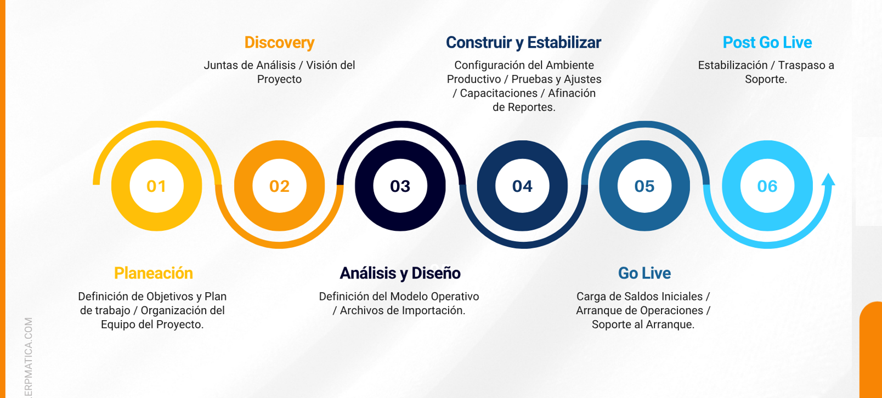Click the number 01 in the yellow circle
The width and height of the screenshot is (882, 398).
click(x=156, y=186)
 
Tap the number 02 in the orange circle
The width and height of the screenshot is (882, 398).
click(x=279, y=186)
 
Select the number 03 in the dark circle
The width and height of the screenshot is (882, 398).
click(x=400, y=186)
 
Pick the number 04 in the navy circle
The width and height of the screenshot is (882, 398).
click(x=522, y=186)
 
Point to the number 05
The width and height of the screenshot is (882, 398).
click(x=644, y=186)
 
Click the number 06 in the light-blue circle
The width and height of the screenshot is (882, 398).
click(x=767, y=186)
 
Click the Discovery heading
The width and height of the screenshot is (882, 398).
click(x=279, y=43)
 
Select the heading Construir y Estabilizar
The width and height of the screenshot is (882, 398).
click(x=523, y=43)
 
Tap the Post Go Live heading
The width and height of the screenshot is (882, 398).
click(x=767, y=43)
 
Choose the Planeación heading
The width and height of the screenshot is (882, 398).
click(x=153, y=273)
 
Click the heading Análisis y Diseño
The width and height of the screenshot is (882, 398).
click(x=400, y=273)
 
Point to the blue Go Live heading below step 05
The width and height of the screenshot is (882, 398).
click(x=644, y=273)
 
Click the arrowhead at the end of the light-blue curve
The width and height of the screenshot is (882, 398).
click(x=828, y=179)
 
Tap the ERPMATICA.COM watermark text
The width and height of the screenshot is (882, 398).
click(x=29, y=357)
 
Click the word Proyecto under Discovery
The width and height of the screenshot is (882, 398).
click(x=279, y=79)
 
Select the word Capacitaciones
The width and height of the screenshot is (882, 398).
click(x=499, y=93)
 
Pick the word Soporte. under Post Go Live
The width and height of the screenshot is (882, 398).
click(x=766, y=79)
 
